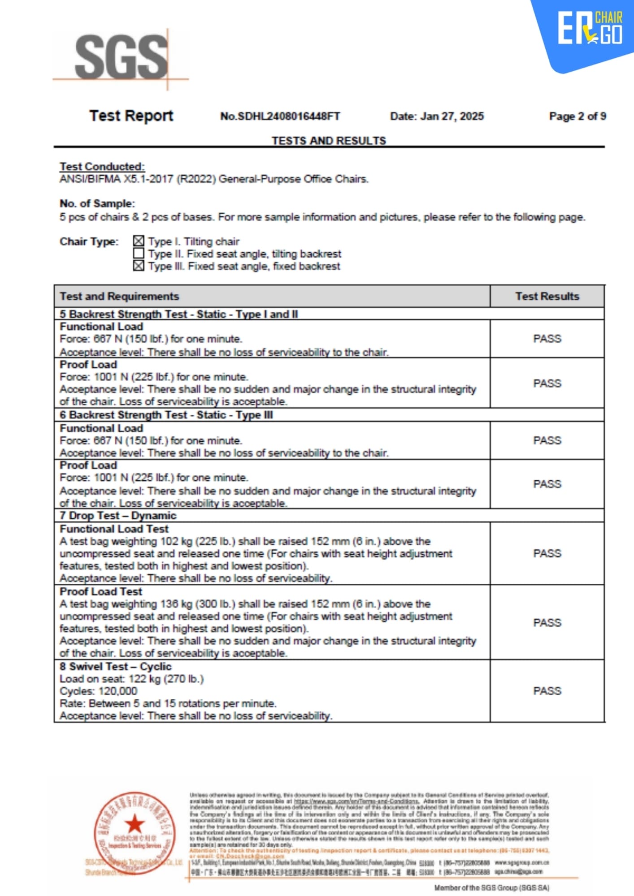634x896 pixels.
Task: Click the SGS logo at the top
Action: pyautogui.click(x=121, y=57)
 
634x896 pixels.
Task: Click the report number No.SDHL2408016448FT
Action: pyautogui.click(x=280, y=116)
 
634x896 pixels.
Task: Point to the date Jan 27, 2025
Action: pyautogui.click(x=437, y=116)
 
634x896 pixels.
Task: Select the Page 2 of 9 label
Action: pyautogui.click(x=578, y=116)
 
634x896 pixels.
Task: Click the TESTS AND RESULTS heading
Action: pyautogui.click(x=329, y=141)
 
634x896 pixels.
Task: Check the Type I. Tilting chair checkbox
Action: pyautogui.click(x=139, y=241)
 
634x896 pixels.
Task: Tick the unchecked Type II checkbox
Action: pyautogui.click(x=139, y=254)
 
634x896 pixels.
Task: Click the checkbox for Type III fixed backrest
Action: pyautogui.click(x=139, y=266)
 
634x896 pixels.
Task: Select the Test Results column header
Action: pyautogui.click(x=547, y=296)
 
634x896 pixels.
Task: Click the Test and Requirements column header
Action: pyautogui.click(x=119, y=296)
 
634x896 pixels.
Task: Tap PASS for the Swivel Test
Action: pyautogui.click(x=547, y=691)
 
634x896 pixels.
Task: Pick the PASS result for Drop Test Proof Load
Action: pyautogui.click(x=547, y=623)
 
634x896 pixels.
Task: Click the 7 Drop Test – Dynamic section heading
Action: pyautogui.click(x=118, y=516)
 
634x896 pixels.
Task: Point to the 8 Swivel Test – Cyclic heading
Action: pyautogui.click(x=116, y=666)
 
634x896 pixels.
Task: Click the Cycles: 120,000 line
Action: pyautogui.click(x=99, y=691)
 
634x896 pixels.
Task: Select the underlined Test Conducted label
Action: pyautogui.click(x=102, y=167)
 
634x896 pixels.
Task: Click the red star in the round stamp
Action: pyautogui.click(x=135, y=823)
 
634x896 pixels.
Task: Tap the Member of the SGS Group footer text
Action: pyautogui.click(x=491, y=887)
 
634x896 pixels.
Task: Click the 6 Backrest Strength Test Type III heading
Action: pyautogui.click(x=166, y=415)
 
